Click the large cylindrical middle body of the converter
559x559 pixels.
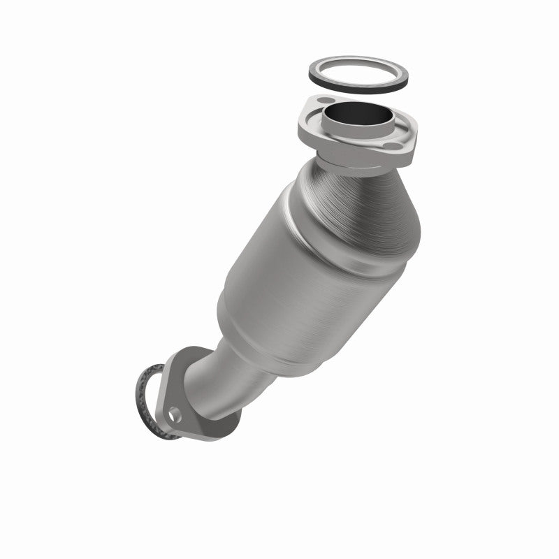click(293, 279)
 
